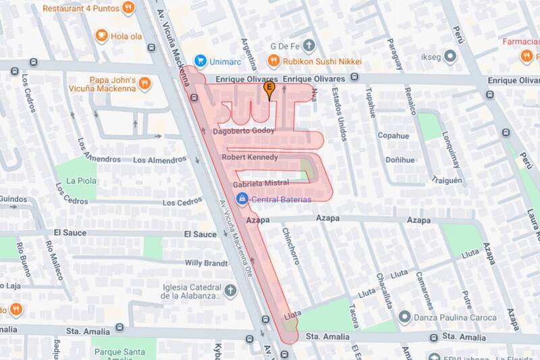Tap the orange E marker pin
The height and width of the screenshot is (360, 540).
[x=271, y=88]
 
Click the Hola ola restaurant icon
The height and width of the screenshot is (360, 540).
[x=101, y=34]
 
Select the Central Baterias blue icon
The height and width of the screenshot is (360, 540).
[x=242, y=199]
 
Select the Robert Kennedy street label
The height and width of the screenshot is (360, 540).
[x=250, y=158]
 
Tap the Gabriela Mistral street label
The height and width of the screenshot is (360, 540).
[x=261, y=184]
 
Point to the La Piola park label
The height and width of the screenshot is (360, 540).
[x=80, y=181]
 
